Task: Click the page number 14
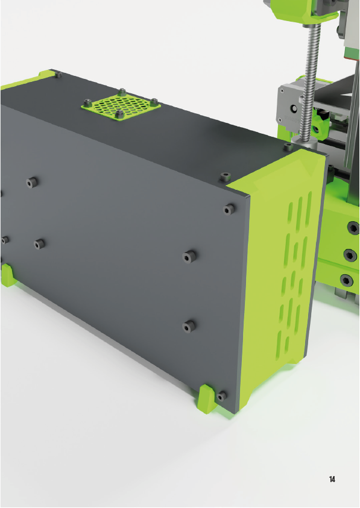coord(332,479)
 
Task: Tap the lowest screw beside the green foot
coord(222,396)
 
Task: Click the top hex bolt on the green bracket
coord(353,227)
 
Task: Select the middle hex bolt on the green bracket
coord(350,255)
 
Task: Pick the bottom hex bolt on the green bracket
coord(346,280)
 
